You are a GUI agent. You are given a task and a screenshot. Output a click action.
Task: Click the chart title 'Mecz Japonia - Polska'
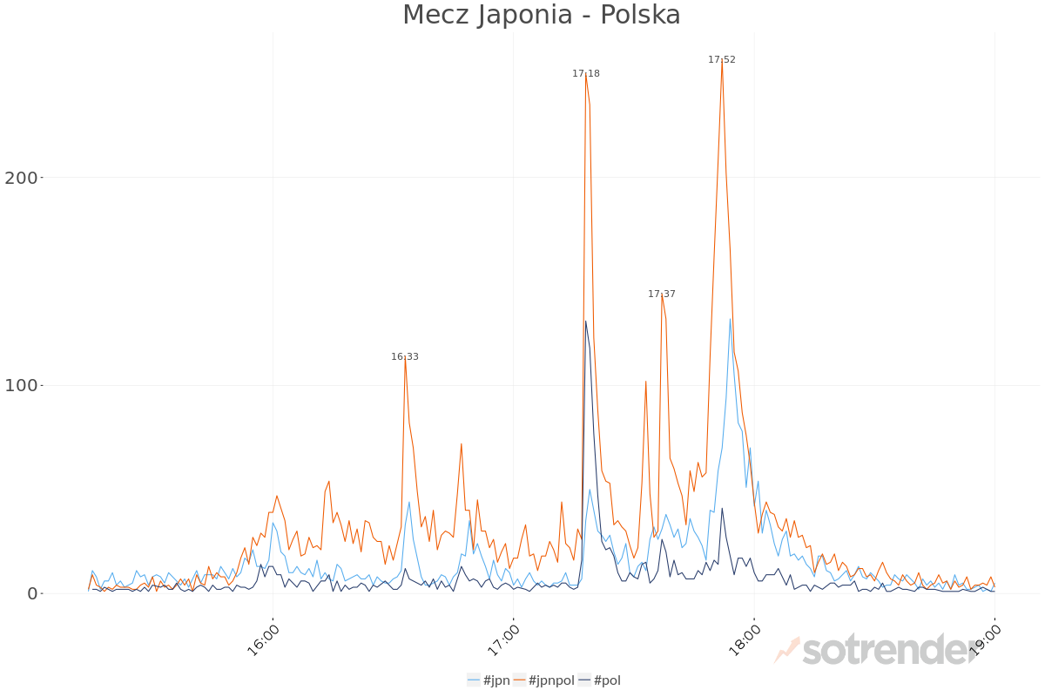pos(541,15)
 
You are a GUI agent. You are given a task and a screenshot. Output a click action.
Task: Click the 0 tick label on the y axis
pos(32,593)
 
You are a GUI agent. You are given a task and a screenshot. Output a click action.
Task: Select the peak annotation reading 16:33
pos(404,357)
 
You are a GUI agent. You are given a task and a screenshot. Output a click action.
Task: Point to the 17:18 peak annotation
pos(585,74)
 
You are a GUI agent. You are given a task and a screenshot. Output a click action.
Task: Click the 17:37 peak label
pos(661,294)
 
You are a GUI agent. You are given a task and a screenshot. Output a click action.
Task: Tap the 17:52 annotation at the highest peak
pos(721,60)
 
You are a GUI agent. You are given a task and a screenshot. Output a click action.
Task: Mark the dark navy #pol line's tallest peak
pos(585,321)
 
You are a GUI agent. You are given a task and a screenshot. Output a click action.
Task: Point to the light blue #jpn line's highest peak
pos(730,319)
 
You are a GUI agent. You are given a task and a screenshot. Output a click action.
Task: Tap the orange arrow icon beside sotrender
pos(786,650)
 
